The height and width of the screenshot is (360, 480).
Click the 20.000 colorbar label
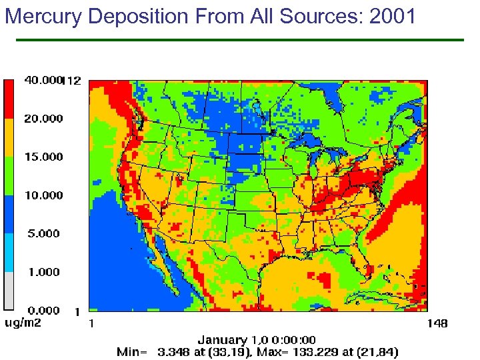point(43,119)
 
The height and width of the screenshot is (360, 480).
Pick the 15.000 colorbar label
point(43,157)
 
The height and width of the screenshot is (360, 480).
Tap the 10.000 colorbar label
point(43,195)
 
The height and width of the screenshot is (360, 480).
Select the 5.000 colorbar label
point(43,234)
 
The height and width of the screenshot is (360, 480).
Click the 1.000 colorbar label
point(43,272)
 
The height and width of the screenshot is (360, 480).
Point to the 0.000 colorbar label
point(43,310)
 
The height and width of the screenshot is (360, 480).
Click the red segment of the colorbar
point(9,99)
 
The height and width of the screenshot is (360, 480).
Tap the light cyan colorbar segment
point(9,253)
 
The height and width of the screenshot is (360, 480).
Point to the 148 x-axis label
point(437,323)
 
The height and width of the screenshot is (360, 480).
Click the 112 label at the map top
point(72,81)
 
